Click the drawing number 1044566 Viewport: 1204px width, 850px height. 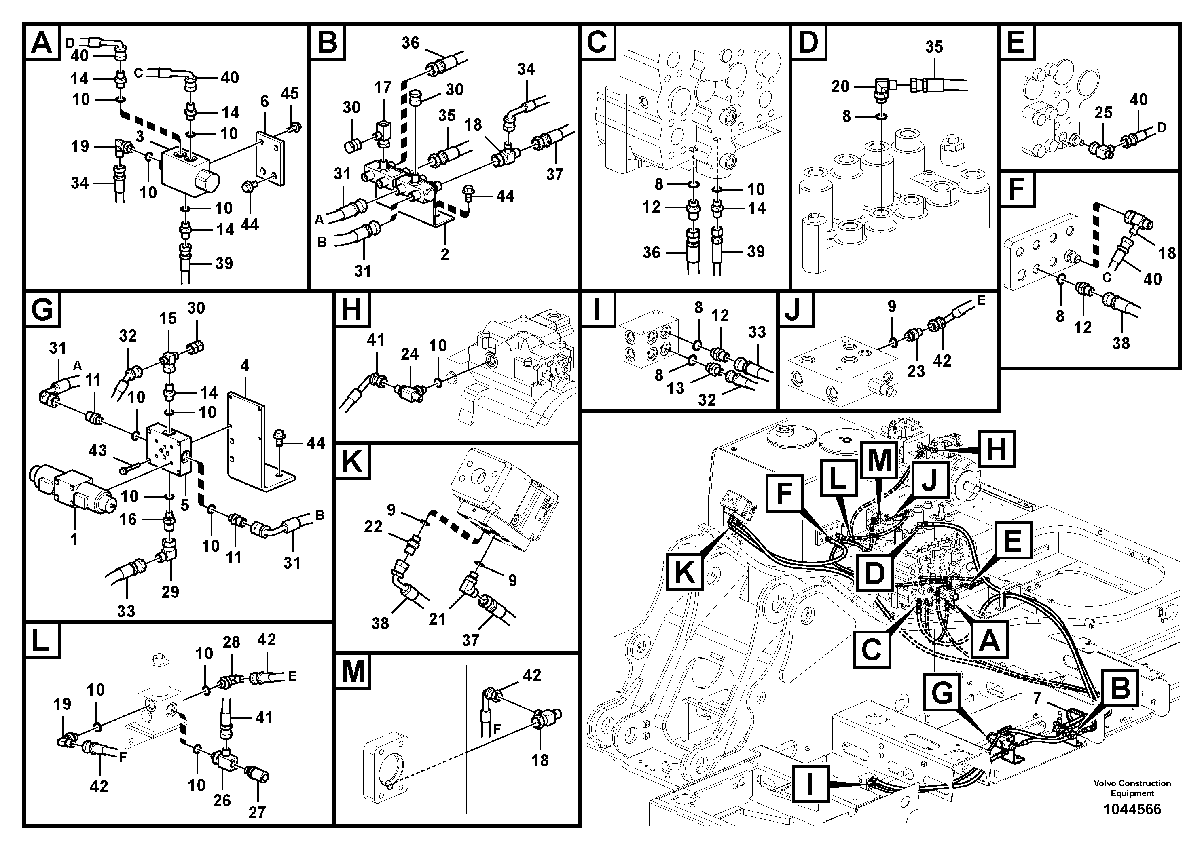tap(1132, 809)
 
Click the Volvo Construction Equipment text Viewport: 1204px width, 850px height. tap(1132, 788)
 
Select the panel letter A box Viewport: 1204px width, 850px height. tap(42, 42)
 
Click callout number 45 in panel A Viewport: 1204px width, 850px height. tap(290, 93)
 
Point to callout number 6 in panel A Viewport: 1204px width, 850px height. tap(264, 101)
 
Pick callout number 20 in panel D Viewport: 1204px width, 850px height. tap(840, 86)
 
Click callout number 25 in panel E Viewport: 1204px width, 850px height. tap(1103, 113)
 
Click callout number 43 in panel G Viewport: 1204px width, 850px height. tap(97, 450)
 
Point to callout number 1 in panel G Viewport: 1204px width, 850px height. tap(74, 539)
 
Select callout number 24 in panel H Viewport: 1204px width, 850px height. tap(410, 354)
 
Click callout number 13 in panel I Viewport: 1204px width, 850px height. tap(675, 388)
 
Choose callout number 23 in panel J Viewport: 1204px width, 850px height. tap(916, 371)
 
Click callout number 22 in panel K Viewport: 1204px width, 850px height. tap(373, 526)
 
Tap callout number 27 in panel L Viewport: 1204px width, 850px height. tap(257, 812)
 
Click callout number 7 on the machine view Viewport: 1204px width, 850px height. tap(1037, 698)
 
